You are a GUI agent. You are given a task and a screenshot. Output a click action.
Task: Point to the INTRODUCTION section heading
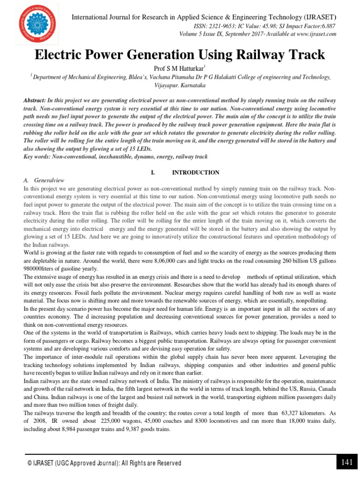tap(195, 172)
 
